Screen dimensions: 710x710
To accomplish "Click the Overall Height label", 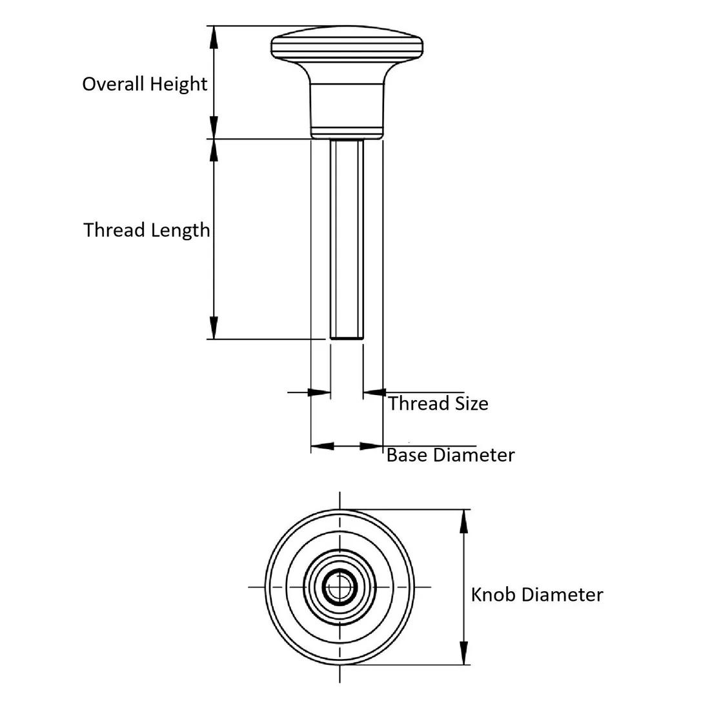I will pyautogui.click(x=145, y=84).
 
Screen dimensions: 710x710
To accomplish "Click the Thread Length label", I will pyautogui.click(x=147, y=230).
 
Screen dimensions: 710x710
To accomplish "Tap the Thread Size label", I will pyautogui.click(x=438, y=403).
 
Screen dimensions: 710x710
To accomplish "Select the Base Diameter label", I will pyautogui.click(x=450, y=455).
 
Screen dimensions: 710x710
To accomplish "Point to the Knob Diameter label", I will pyautogui.click(x=536, y=594).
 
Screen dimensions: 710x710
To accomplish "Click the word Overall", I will pyautogui.click(x=114, y=84).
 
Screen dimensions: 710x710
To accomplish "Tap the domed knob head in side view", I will pyautogui.click(x=347, y=46).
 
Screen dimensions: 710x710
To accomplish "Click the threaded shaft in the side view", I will pyautogui.click(x=347, y=239).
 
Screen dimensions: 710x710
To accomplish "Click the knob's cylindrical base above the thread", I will pyautogui.click(x=347, y=110).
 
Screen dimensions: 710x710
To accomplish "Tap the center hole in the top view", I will pyautogui.click(x=340, y=587).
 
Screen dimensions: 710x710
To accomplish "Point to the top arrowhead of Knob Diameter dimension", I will pyautogui.click(x=463, y=520).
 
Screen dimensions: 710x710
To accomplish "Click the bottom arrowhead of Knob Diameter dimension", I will pyautogui.click(x=463, y=654).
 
